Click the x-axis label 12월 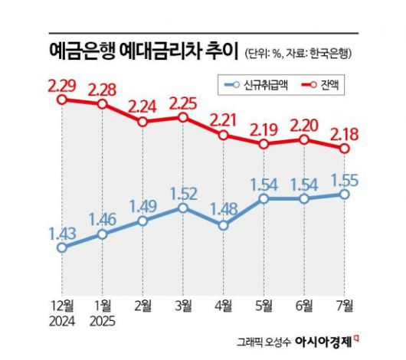point(63,306)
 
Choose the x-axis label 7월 point(344,306)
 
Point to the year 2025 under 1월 point(103,319)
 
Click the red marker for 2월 point(143,121)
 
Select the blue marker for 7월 point(344,195)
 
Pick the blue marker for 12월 point(63,247)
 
